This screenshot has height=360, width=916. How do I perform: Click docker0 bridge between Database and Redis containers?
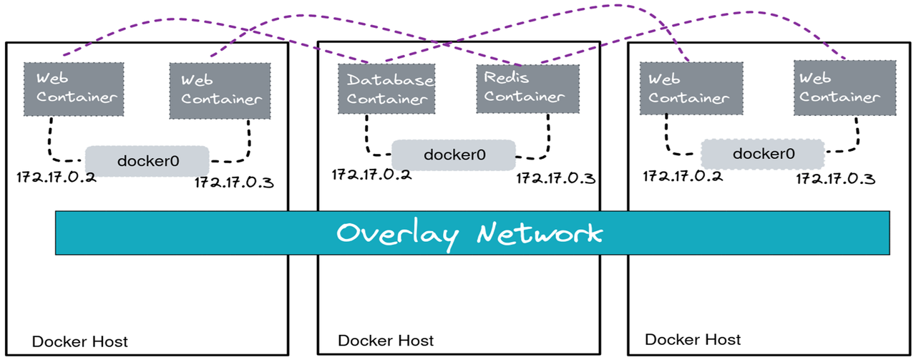coord(454,155)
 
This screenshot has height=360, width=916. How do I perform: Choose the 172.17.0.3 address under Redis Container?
coord(555,177)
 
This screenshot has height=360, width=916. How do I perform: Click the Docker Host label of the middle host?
coord(386,341)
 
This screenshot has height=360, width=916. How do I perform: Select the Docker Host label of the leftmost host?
coord(79,342)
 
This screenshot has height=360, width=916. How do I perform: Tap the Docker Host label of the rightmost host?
coord(693,339)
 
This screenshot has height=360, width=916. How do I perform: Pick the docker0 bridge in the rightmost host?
coord(762,153)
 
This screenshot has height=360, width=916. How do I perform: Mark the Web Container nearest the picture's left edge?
coord(74,89)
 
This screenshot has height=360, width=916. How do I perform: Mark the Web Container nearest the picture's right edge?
coord(844,87)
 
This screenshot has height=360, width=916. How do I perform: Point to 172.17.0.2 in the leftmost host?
coord(57,177)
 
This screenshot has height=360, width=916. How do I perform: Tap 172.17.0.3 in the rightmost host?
coord(836,177)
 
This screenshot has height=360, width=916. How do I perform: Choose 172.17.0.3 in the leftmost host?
coord(234,183)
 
